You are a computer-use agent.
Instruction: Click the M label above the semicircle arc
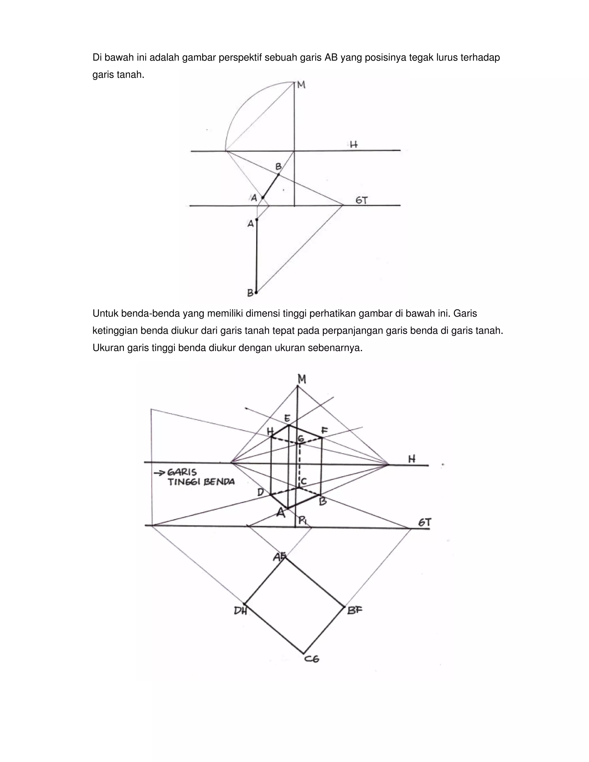click(301, 85)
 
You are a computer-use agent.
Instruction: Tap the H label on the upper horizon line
click(354, 144)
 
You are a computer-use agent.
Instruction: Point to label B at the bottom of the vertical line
click(250, 293)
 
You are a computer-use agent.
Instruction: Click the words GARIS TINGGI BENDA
click(201, 477)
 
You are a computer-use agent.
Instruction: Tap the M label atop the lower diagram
click(302, 379)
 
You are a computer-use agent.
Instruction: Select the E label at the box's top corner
click(287, 418)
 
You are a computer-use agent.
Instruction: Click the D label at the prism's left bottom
click(261, 492)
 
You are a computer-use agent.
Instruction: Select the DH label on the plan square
click(240, 611)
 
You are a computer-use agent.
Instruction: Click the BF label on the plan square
click(355, 610)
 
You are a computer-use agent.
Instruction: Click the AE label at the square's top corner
click(280, 557)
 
